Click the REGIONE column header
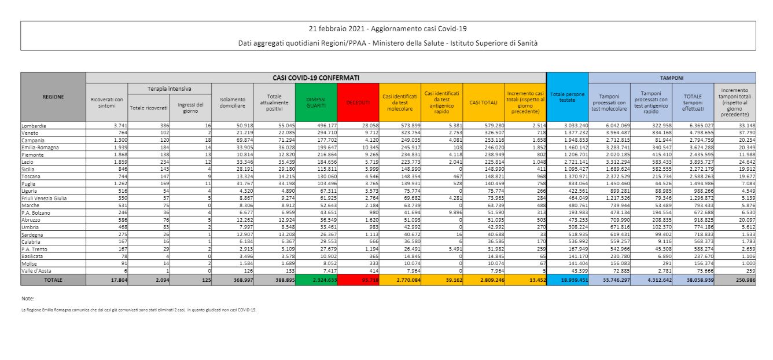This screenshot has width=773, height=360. coord(53,97)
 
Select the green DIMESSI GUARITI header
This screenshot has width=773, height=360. coord(315,102)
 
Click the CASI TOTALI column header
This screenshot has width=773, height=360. coord(483,102)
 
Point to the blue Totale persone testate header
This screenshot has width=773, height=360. coord(567,97)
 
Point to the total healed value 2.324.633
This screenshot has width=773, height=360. coord(322,280)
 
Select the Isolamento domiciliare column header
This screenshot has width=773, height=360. coord(232,102)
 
